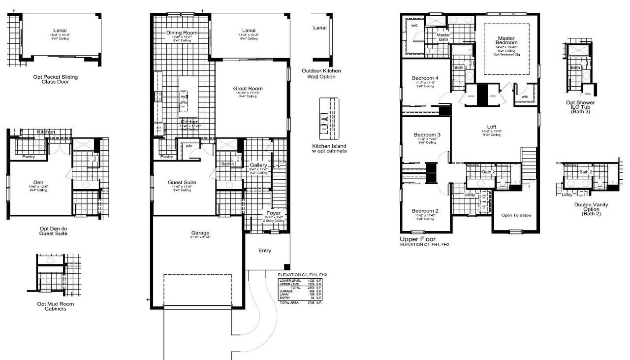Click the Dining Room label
point(182,33)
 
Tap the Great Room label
point(248,89)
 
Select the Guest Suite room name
point(183,182)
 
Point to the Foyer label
point(274,213)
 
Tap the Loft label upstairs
point(491,127)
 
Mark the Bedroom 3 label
point(426,135)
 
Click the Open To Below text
point(516,215)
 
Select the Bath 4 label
point(227,164)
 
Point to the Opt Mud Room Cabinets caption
point(52,306)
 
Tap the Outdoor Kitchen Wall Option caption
point(321,74)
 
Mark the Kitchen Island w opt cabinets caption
point(329,148)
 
